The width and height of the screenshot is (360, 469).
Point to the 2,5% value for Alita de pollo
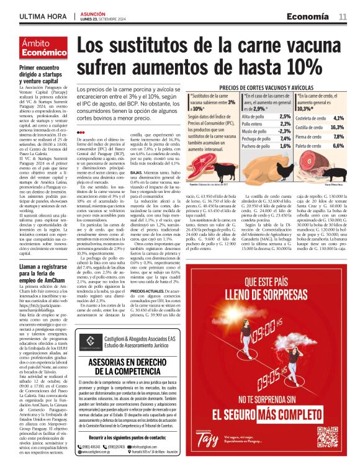coord(268,116)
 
